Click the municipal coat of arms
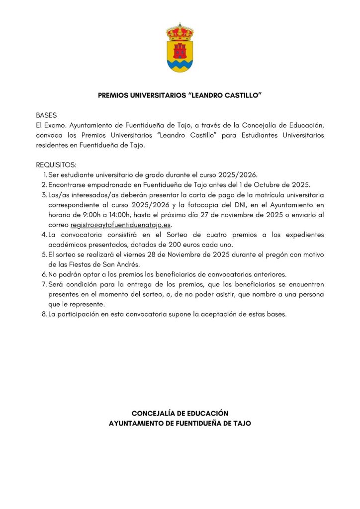[x=180, y=48]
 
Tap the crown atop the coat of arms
[x=180, y=32]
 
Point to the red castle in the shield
[x=180, y=50]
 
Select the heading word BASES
[x=46, y=115]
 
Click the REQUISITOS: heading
[x=56, y=165]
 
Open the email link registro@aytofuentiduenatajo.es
[x=121, y=225]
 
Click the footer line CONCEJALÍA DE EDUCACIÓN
[x=180, y=413]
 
